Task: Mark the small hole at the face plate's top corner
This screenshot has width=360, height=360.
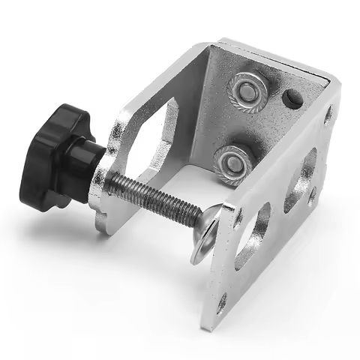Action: pos(328,115)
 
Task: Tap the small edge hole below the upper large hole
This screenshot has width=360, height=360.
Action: pos(310,197)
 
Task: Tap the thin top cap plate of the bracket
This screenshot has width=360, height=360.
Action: pos(277,60)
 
